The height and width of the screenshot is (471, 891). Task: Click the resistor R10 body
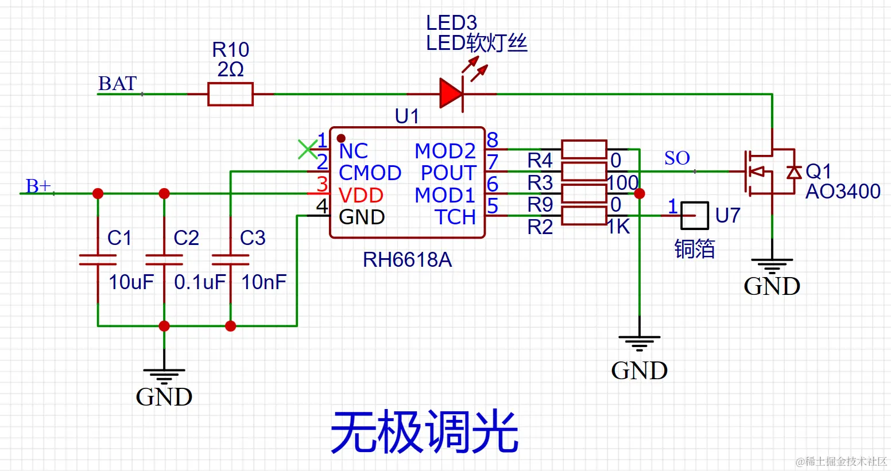point(230,94)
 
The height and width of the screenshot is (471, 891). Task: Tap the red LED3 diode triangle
point(451,94)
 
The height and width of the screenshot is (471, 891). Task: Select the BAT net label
point(118,84)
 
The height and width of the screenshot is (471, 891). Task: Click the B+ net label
point(38,186)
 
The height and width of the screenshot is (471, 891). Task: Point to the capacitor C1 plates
point(98,260)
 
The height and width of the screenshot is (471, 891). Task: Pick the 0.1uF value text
point(200,282)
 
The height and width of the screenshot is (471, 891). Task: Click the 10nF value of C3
point(264,282)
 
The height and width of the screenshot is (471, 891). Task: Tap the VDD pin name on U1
point(361,196)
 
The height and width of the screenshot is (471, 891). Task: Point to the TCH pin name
point(455,217)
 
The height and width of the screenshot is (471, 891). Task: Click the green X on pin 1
point(308,149)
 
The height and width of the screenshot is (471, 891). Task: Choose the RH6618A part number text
point(407,260)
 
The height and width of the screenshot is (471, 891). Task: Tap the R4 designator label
point(540,160)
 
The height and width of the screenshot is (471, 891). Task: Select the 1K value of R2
point(619,227)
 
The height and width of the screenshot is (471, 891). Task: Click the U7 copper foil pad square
point(695,216)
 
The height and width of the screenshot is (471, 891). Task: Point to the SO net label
point(677,158)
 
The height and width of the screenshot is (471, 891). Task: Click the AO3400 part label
point(843,192)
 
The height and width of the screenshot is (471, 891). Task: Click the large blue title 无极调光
point(424,432)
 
